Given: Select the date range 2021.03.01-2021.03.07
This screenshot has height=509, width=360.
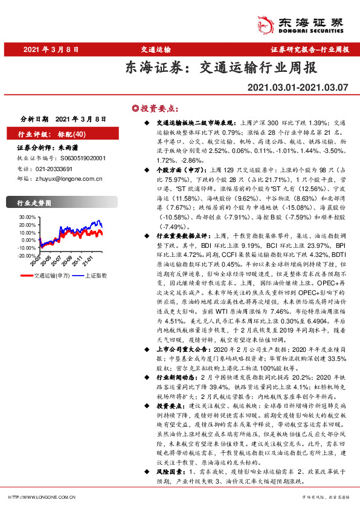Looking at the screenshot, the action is point(298,88).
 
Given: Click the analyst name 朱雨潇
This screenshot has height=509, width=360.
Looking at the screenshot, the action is point(68,147).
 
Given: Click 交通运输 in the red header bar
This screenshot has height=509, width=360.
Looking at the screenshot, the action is point(154,50).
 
